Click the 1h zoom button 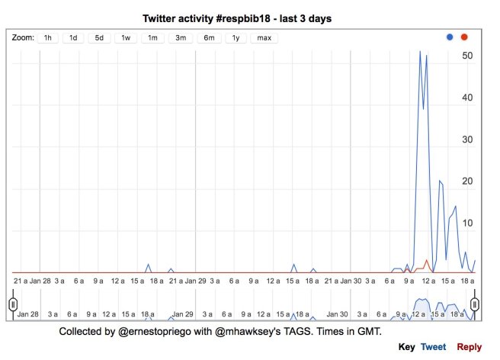coord(48,37)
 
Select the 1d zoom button coord(73,37)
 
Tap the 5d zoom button coord(99,37)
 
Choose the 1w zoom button coord(126,37)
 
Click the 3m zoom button coord(181,37)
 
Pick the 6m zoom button coord(208,37)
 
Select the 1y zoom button coord(235,37)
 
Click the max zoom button coord(264,37)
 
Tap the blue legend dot coord(450,37)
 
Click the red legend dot coord(464,37)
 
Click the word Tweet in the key coord(434,347)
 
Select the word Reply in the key coord(469,347)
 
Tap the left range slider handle coord(13,304)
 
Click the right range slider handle coord(475,304)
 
